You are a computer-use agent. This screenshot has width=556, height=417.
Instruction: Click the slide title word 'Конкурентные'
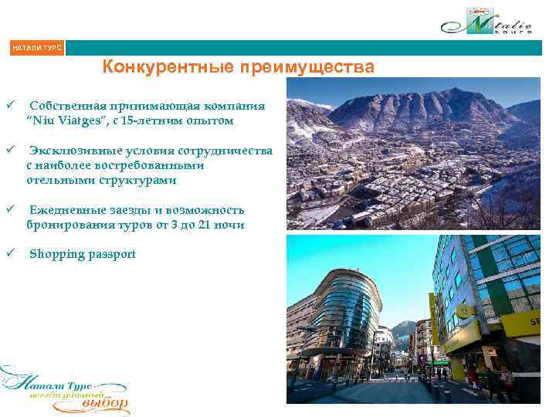tap(163, 67)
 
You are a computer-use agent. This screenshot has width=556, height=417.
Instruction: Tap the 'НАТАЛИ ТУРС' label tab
tap(36, 49)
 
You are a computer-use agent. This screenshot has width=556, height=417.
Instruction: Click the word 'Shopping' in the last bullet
tap(55, 254)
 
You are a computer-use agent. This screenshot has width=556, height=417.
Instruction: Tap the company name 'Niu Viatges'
tap(65, 120)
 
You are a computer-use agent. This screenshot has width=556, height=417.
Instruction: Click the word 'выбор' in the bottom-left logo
tap(105, 404)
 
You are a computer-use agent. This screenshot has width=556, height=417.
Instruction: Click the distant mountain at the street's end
tap(402, 331)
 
